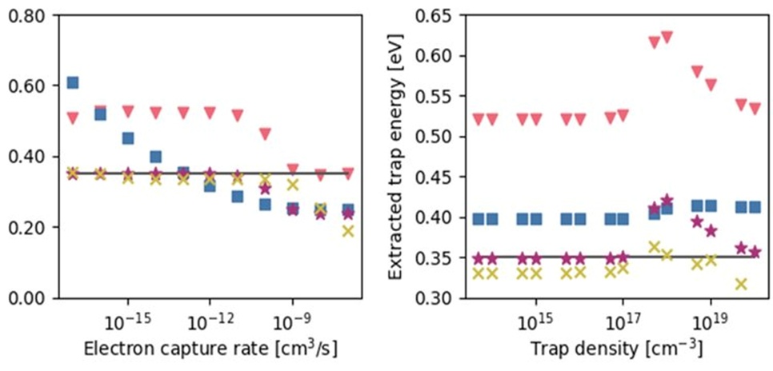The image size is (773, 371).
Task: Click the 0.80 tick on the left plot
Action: pyautogui.click(x=29, y=14)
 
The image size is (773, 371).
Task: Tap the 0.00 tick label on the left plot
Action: pyautogui.click(x=29, y=298)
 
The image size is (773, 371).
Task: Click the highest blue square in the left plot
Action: pyautogui.click(x=73, y=82)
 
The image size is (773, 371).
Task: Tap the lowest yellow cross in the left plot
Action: pyautogui.click(x=347, y=231)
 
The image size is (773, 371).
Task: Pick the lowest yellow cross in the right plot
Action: pyautogui.click(x=741, y=284)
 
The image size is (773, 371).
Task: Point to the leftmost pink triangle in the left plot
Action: pyautogui.click(x=73, y=118)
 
